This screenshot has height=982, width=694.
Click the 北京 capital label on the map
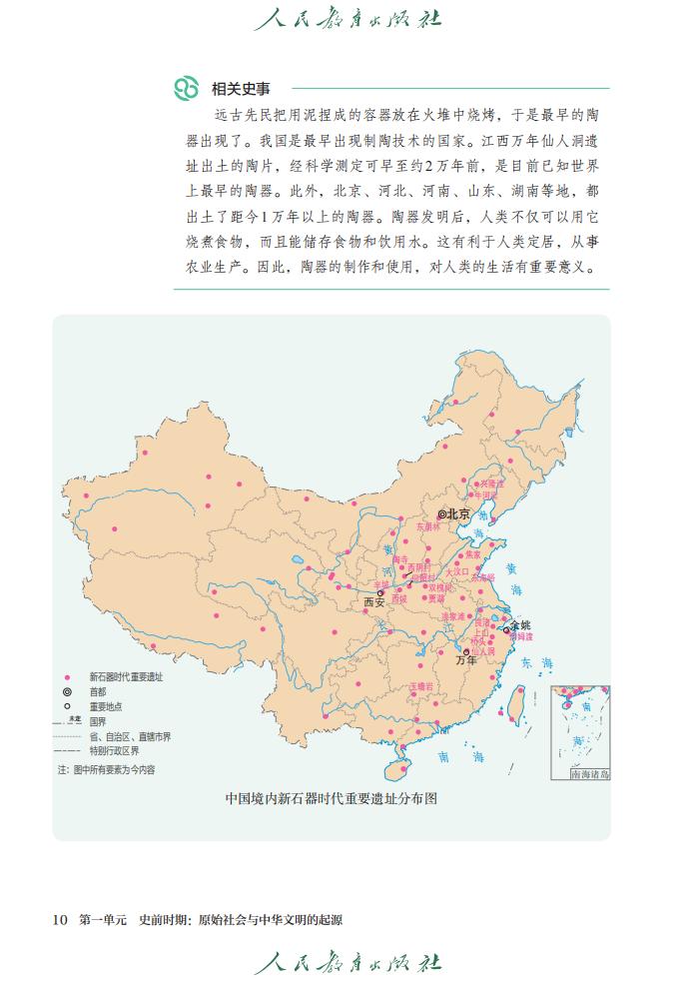click(x=458, y=513)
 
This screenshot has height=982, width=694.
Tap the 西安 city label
click(x=373, y=602)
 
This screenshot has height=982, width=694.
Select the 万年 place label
click(x=465, y=660)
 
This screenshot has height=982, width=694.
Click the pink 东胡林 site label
click(x=427, y=526)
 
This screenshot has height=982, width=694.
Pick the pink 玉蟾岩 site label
click(x=421, y=687)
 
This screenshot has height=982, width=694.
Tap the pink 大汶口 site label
click(x=456, y=571)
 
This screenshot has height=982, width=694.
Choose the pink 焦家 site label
click(x=472, y=554)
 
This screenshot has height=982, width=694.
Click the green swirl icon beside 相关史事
click(x=187, y=88)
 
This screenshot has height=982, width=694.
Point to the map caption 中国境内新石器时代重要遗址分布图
click(x=331, y=798)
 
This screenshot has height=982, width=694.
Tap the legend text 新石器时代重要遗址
click(x=126, y=676)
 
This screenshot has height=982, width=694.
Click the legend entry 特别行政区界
click(x=114, y=750)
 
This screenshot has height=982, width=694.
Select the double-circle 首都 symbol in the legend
click(x=67, y=691)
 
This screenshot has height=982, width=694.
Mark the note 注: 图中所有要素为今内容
click(x=107, y=769)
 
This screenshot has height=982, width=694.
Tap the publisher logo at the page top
click(x=347, y=18)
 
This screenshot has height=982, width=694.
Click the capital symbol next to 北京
click(x=441, y=513)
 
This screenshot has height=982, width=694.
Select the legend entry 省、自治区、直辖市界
click(x=130, y=736)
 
